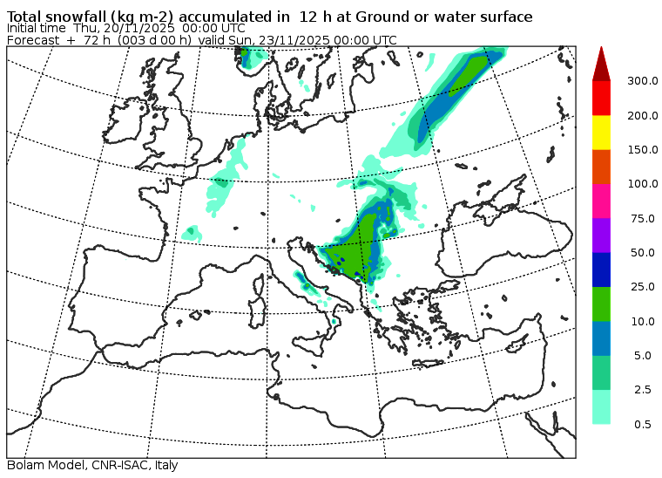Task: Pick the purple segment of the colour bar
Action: tap(601, 235)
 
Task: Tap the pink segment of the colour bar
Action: tap(601, 201)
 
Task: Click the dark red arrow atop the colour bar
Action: tap(601, 64)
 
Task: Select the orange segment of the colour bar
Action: tap(601, 166)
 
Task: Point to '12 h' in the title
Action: tap(314, 17)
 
